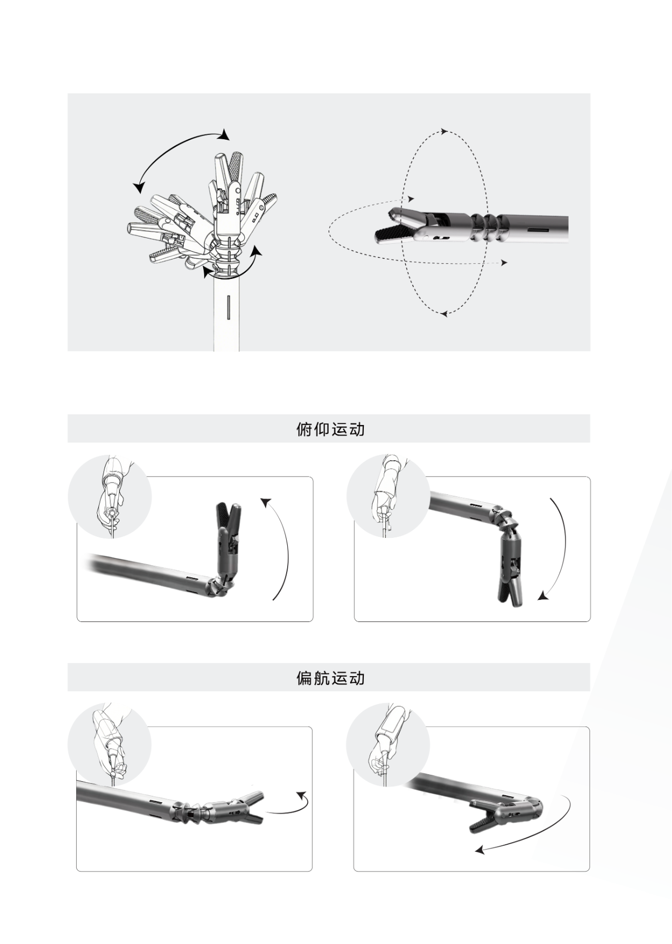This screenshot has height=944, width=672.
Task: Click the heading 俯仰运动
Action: tap(330, 429)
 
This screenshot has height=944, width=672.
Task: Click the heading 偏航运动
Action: tap(330, 678)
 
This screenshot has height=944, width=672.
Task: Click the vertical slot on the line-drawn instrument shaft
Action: tap(229, 307)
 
